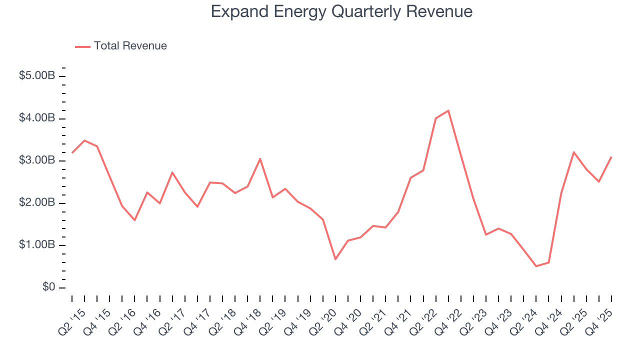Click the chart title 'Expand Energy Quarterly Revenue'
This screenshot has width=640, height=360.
(x=341, y=11)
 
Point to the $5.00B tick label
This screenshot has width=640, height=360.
(x=36, y=76)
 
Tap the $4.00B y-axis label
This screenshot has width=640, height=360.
(x=36, y=118)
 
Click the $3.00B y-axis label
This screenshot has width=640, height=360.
(x=36, y=160)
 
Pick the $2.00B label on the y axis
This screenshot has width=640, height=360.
(x=36, y=203)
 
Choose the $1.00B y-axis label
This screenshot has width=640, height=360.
(x=36, y=245)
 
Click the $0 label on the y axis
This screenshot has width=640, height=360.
(x=48, y=287)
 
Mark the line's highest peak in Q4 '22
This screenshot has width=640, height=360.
(x=448, y=110)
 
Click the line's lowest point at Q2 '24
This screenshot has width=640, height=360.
(x=536, y=266)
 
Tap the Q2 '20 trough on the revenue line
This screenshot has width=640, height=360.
(x=335, y=259)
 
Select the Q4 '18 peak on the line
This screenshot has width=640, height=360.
(x=260, y=158)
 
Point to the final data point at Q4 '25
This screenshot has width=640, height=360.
(x=611, y=157)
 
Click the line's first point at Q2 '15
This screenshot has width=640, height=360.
(x=72, y=153)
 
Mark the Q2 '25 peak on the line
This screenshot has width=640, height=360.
(x=573, y=152)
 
